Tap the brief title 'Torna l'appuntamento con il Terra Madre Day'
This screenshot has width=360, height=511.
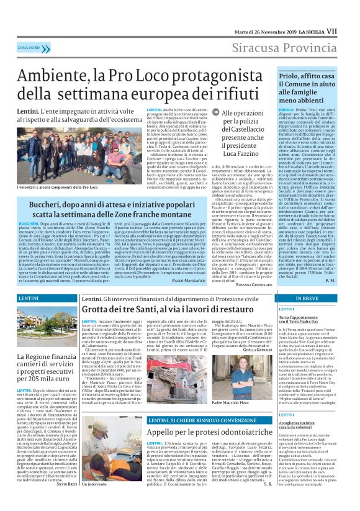click(305, 320)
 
